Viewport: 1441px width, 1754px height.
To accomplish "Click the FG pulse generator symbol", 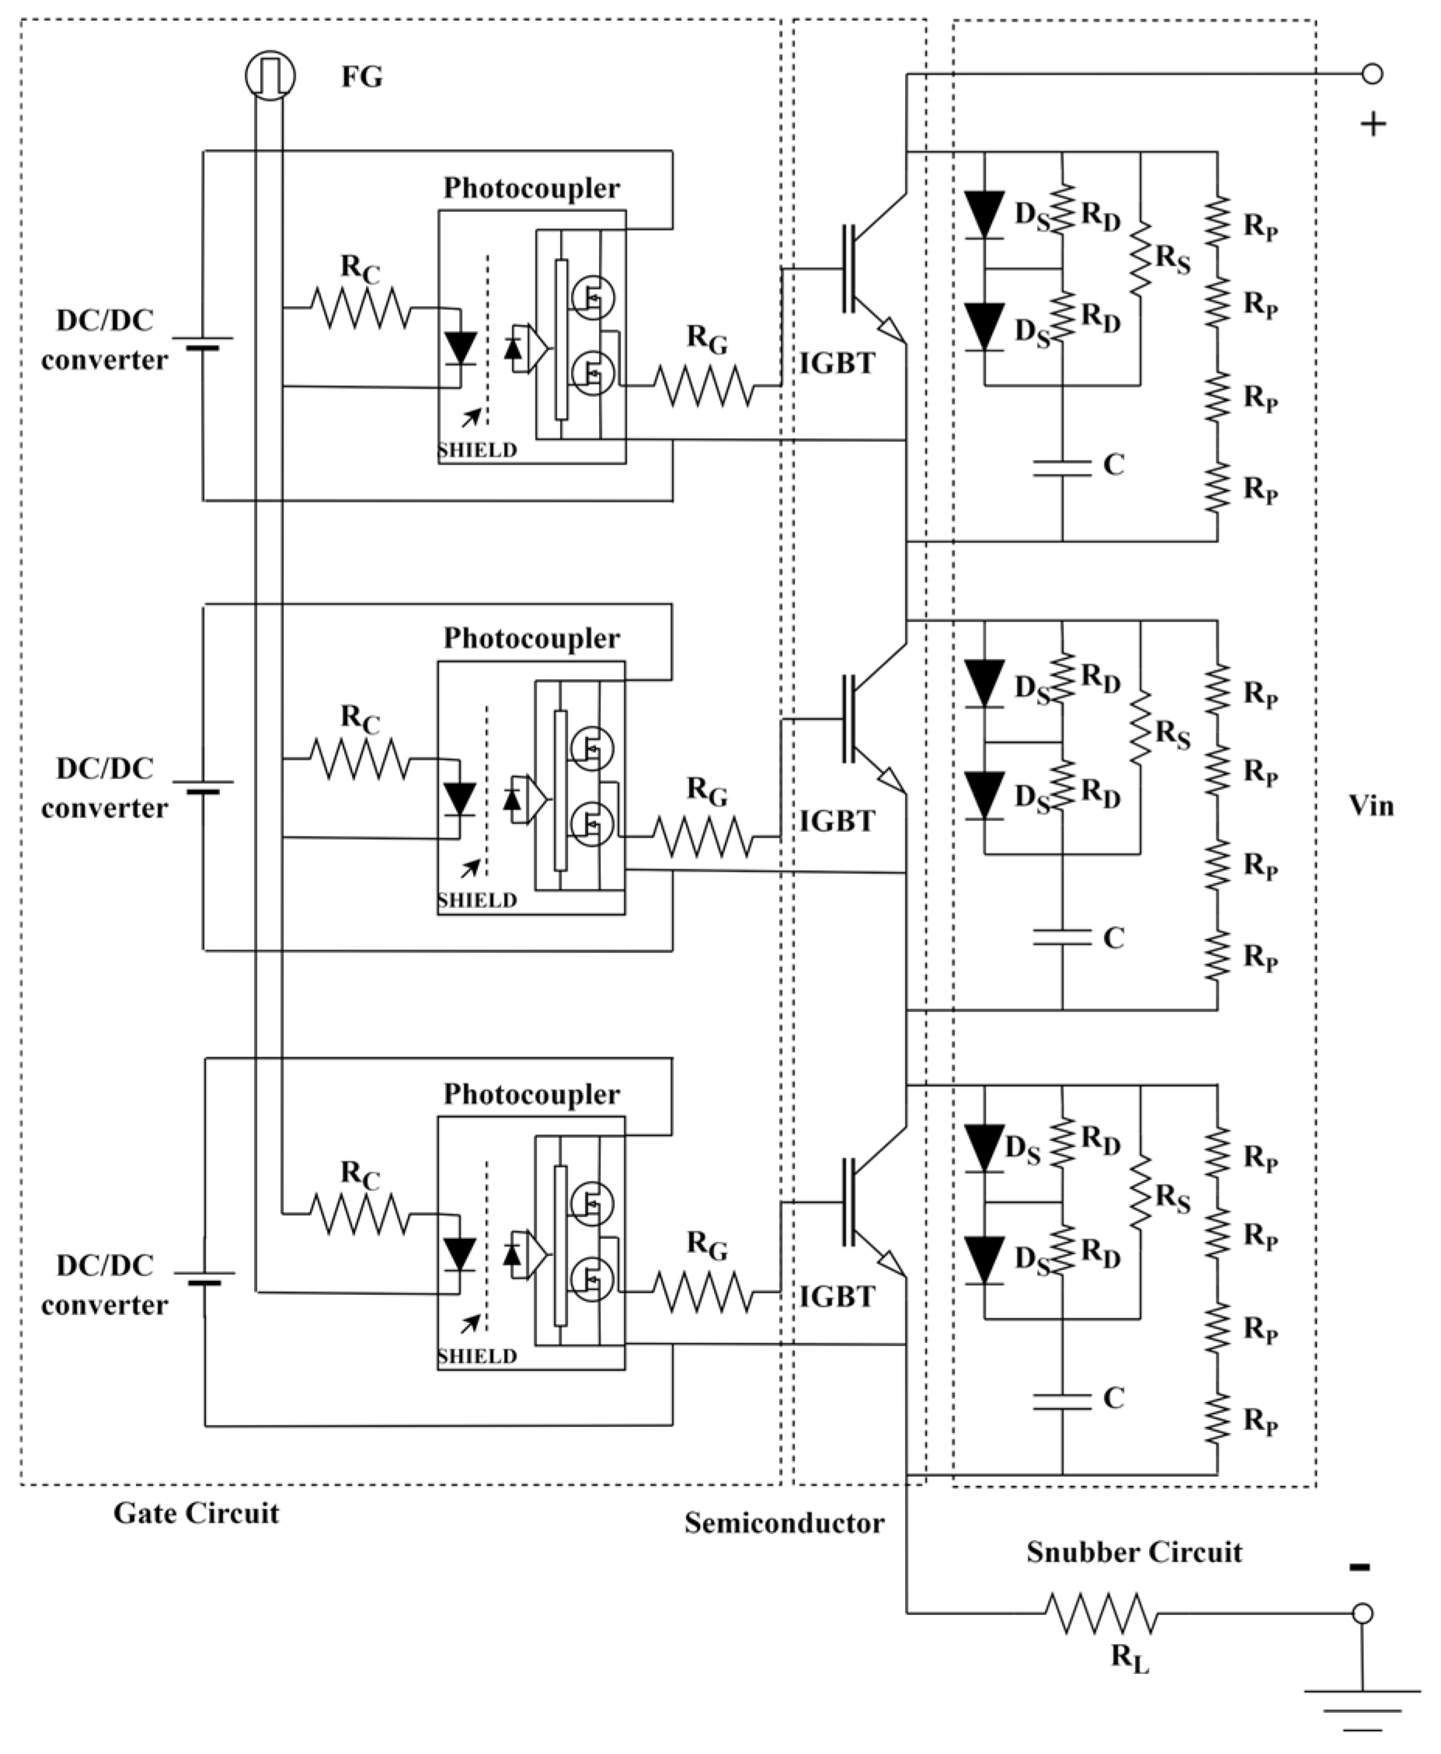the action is click(270, 75).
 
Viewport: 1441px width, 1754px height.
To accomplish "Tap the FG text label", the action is click(362, 77).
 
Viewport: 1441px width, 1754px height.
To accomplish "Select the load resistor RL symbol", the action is click(1101, 1613).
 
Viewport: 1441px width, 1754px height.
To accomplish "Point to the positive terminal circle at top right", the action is click(1373, 74).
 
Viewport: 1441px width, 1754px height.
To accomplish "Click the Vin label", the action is click(1370, 806).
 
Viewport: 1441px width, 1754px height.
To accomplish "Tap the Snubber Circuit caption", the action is click(1134, 1552).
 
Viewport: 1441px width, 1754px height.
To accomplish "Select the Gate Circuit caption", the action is click(196, 1513).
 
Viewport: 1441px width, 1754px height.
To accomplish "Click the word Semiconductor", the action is click(785, 1523).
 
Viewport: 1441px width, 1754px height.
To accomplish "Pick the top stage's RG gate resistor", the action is click(704, 386).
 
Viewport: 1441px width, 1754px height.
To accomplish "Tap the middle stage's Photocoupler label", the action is click(531, 638).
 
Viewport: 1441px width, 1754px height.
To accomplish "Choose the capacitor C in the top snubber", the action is click(1062, 468).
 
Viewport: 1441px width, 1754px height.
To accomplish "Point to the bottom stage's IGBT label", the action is click(837, 1296).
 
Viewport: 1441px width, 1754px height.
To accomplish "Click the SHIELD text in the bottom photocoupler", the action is click(477, 1356).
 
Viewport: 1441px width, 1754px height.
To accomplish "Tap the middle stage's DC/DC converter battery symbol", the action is click(203, 786).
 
